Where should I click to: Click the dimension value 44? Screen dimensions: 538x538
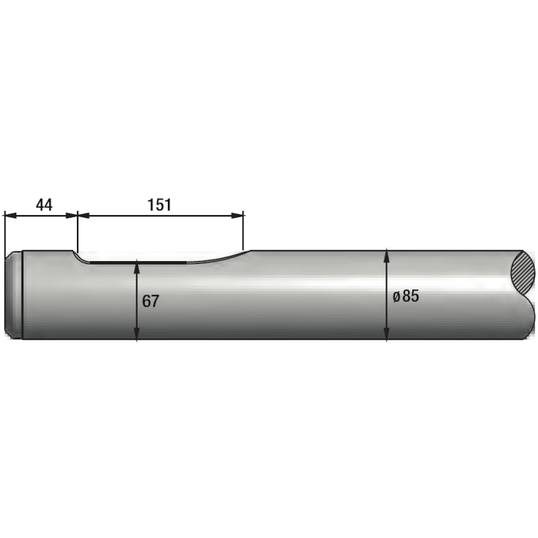point(44,205)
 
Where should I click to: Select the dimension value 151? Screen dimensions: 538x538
point(159,205)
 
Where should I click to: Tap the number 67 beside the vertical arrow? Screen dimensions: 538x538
point(151,301)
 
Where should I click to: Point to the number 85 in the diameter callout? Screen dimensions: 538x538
point(411,296)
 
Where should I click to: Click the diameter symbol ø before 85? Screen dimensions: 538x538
point(396,297)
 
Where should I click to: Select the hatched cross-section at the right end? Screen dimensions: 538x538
point(524,272)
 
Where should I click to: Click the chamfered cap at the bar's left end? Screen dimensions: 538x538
point(14,296)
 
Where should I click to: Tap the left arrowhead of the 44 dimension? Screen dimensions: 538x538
point(8,215)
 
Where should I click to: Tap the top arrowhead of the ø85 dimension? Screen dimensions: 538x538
point(387,255)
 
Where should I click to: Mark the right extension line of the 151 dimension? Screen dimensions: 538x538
point(244,230)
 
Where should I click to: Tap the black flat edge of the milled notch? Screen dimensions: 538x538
point(137,262)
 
